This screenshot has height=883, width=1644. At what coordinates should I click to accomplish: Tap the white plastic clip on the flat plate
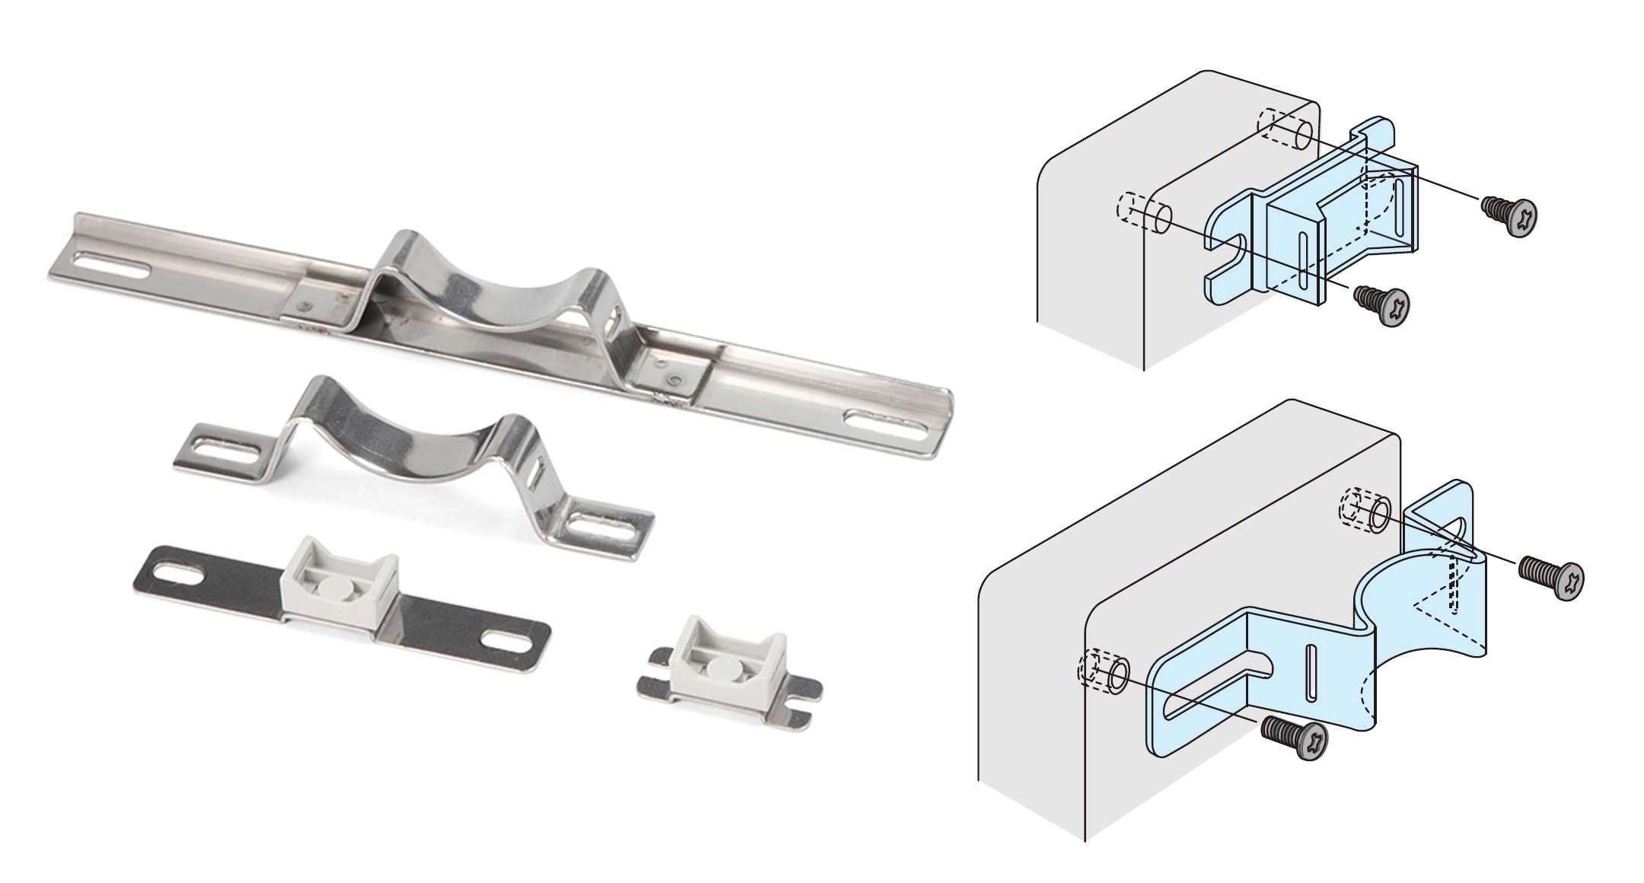339,587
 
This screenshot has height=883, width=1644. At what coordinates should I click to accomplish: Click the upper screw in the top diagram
1511,213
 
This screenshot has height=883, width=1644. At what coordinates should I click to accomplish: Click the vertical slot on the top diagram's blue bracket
1303,263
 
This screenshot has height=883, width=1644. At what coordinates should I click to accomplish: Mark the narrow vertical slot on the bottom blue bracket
1311,673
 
